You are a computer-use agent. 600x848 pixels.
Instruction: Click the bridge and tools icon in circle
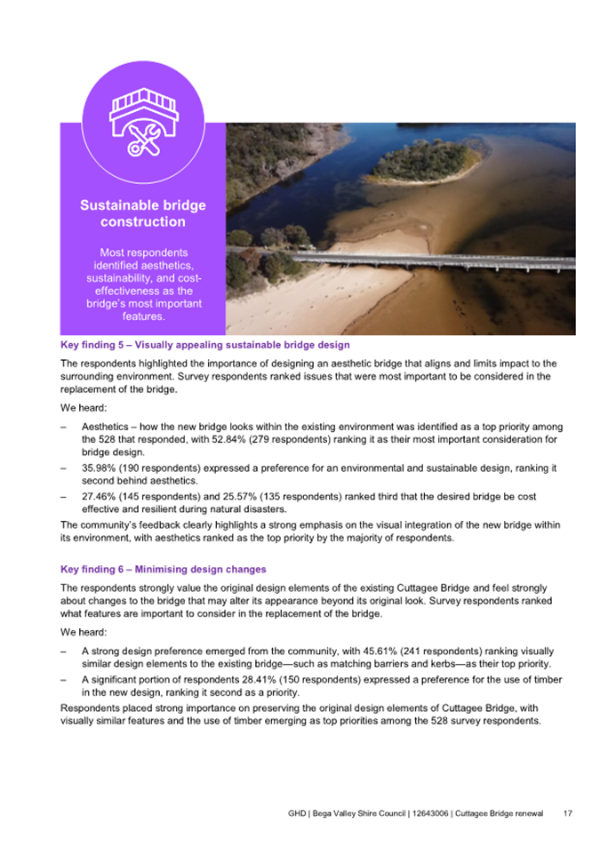pyautogui.click(x=142, y=122)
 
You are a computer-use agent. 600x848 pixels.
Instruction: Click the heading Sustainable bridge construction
pyautogui.click(x=142, y=213)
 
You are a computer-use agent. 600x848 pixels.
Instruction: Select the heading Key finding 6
pyautogui.click(x=163, y=569)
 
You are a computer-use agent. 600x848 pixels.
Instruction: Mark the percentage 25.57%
pyautogui.click(x=249, y=497)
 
